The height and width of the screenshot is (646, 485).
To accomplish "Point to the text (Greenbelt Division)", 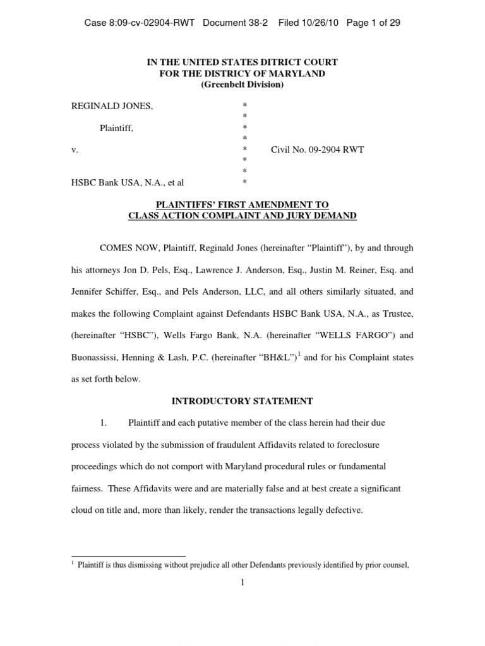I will [x=242, y=85].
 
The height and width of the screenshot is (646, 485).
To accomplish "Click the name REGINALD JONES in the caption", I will [x=111, y=106].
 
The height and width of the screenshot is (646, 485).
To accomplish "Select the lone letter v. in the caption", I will [x=74, y=150].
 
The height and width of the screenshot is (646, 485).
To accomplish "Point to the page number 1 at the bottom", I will [x=242, y=582].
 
